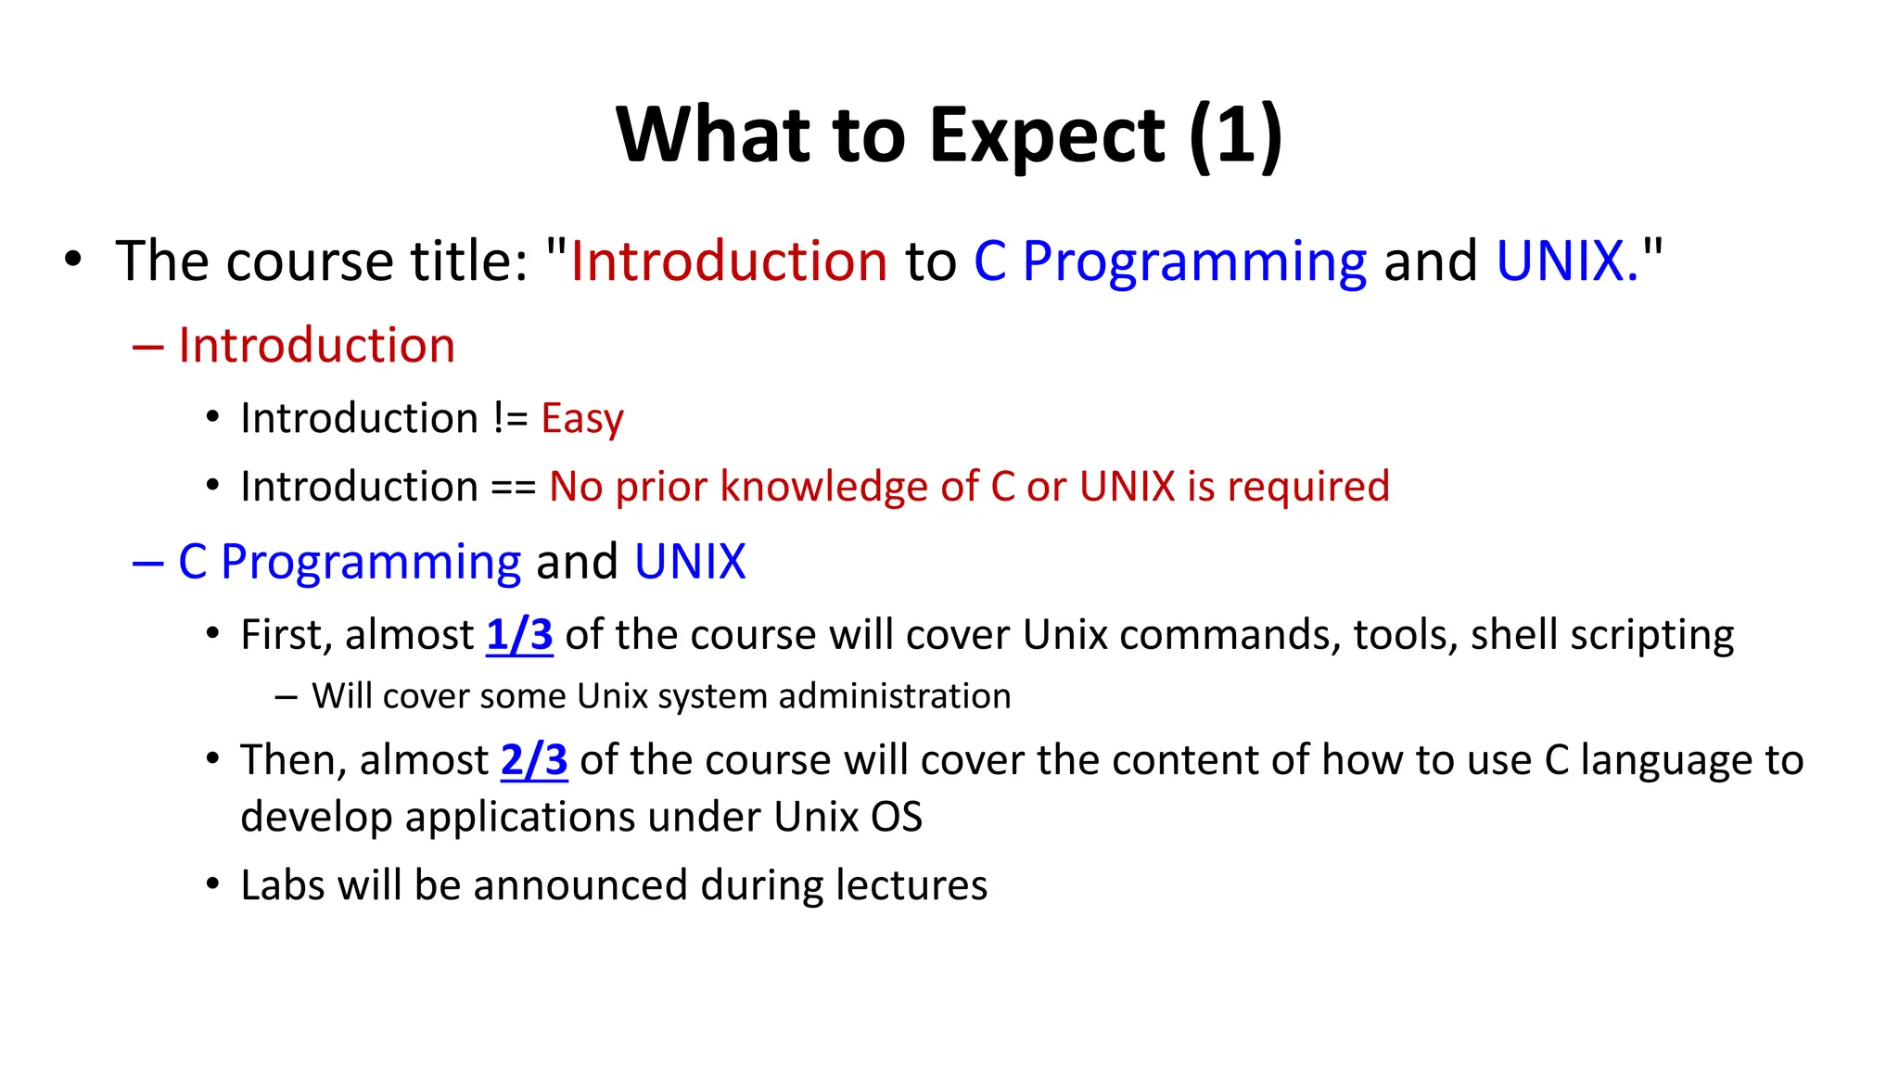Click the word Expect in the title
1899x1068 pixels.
coord(1047,136)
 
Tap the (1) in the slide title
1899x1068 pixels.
coord(1235,136)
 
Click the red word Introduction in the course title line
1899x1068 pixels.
coord(729,261)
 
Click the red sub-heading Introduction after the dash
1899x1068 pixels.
coord(316,346)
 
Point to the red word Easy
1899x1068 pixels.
coord(582,418)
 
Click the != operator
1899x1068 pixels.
coord(510,418)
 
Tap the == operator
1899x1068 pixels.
coord(513,487)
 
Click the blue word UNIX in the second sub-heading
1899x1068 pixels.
coord(690,562)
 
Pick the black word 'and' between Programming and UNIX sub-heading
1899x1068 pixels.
coord(577,562)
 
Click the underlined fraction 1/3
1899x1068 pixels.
coord(519,635)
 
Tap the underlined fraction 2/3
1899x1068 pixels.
coord(534,760)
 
